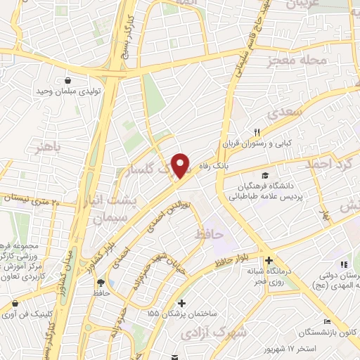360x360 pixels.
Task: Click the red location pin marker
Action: pos(181,165)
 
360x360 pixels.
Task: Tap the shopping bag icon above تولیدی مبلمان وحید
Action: pos(67,80)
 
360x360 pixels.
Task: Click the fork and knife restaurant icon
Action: pos(257,132)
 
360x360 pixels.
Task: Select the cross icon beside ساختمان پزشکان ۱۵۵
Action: pos(181,303)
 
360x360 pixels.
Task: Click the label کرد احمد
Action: pos(326,165)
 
